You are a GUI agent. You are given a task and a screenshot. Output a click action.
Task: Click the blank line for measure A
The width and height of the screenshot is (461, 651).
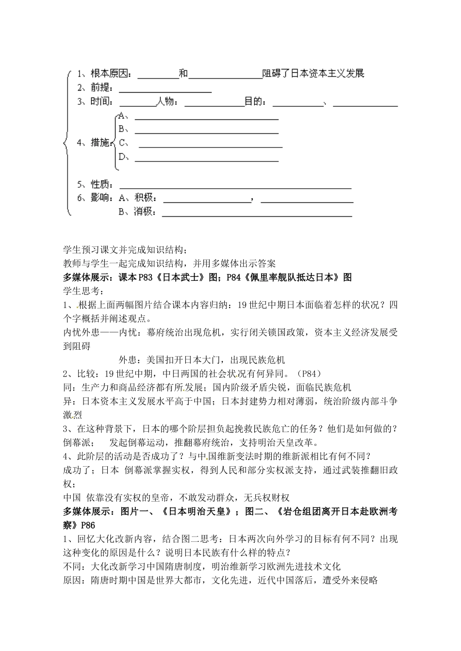pyautogui.click(x=206, y=118)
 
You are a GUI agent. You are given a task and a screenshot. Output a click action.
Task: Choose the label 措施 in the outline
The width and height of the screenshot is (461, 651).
pyautogui.click(x=100, y=143)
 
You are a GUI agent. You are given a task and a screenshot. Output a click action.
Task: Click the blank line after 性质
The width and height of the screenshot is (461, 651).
pyautogui.click(x=235, y=187)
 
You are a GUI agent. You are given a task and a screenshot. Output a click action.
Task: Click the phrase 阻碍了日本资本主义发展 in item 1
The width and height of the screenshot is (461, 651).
pyautogui.click(x=313, y=74)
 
